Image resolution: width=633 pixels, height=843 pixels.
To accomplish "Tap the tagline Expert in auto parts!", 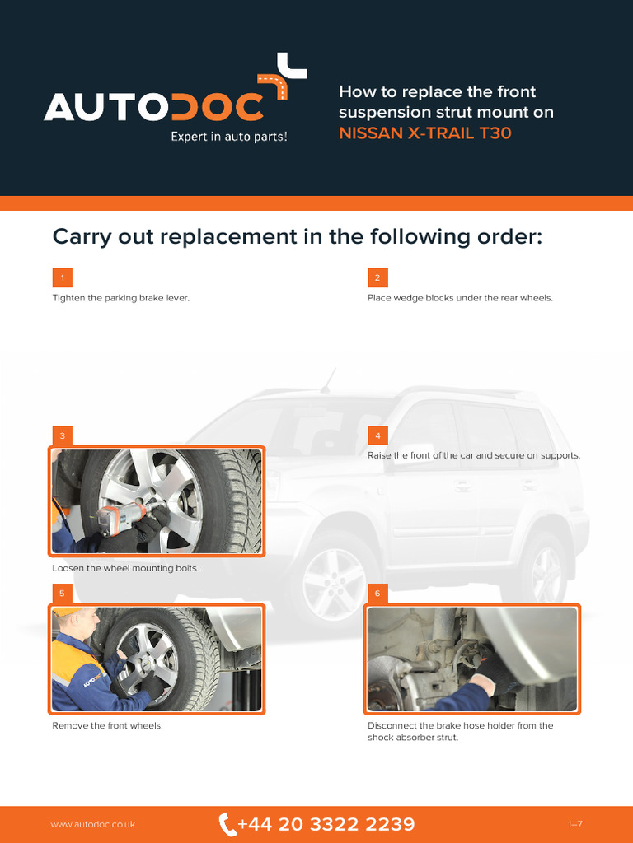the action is tap(229, 137).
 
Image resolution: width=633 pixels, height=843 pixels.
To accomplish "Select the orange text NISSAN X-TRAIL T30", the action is tap(424, 133).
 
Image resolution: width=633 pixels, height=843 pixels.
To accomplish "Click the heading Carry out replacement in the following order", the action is tap(297, 236).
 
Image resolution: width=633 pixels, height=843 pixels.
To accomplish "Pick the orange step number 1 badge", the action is tap(63, 277).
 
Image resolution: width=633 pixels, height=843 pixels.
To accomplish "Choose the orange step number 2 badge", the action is tap(377, 277).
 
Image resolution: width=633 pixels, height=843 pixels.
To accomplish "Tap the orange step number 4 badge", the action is tap(377, 435).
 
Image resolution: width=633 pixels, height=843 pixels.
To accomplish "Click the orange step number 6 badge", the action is tap(377, 593).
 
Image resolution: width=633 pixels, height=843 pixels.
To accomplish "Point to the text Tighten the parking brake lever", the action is tap(121, 298).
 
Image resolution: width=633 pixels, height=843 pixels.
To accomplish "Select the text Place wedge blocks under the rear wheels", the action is tap(460, 298).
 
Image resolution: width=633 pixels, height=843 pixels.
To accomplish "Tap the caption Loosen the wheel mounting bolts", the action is tap(125, 568).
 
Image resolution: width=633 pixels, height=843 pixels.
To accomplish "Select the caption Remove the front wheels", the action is tap(108, 726).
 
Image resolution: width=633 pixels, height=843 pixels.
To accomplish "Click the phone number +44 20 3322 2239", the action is tap(326, 824).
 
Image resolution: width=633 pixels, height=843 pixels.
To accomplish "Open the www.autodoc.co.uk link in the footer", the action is tap(93, 824).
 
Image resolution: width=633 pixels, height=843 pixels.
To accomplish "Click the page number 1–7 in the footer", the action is tap(575, 824).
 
